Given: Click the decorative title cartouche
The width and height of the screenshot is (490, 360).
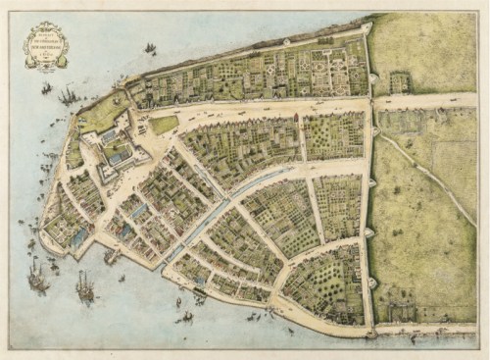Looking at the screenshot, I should [46, 46].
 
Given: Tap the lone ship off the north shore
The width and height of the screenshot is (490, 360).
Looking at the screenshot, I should [150, 48].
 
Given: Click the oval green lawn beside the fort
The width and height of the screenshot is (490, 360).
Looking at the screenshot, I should [164, 125].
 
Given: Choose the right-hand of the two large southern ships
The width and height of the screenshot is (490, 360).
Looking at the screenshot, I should [85, 286].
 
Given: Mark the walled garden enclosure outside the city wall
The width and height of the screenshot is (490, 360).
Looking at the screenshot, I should [399, 81].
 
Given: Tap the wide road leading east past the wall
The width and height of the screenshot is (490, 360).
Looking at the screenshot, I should [431, 100].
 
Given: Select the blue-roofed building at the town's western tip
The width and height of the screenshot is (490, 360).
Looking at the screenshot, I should [75, 236].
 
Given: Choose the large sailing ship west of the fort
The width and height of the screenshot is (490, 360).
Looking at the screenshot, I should [67, 95].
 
